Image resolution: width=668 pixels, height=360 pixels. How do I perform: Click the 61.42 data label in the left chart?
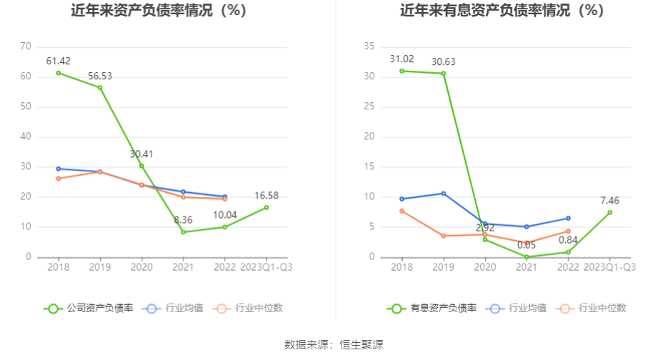pyautogui.click(x=59, y=61)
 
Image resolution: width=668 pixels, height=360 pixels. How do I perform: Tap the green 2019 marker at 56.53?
pyautogui.click(x=100, y=88)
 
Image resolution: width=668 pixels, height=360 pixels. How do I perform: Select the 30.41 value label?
pyautogui.click(x=141, y=154)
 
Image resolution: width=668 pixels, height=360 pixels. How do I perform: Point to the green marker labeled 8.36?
pyautogui.click(x=183, y=232)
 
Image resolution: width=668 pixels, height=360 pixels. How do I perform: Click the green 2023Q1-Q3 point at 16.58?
pyautogui.click(x=266, y=207)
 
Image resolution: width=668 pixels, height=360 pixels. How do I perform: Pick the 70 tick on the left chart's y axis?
pyautogui.click(x=26, y=46)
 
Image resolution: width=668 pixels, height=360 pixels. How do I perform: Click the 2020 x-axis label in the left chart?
pyautogui.click(x=141, y=267)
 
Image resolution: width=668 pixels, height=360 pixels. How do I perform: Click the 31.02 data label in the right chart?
pyautogui.click(x=402, y=59)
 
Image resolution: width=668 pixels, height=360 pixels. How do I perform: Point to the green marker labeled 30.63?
pyautogui.click(x=443, y=74)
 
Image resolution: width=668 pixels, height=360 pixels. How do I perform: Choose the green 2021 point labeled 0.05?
pyautogui.click(x=527, y=257)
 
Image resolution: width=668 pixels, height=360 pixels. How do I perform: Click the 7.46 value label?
pyautogui.click(x=609, y=201)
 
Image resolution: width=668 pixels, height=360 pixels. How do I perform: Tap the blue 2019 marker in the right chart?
pyautogui.click(x=443, y=194)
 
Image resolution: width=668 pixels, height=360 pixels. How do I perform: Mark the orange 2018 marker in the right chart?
pyautogui.click(x=402, y=211)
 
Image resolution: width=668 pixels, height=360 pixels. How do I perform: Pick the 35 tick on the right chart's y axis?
pyautogui.click(x=369, y=46)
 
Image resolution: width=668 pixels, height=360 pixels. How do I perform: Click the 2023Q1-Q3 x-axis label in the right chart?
pyautogui.click(x=609, y=267)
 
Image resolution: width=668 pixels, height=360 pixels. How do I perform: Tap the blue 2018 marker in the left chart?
pyautogui.click(x=59, y=169)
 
